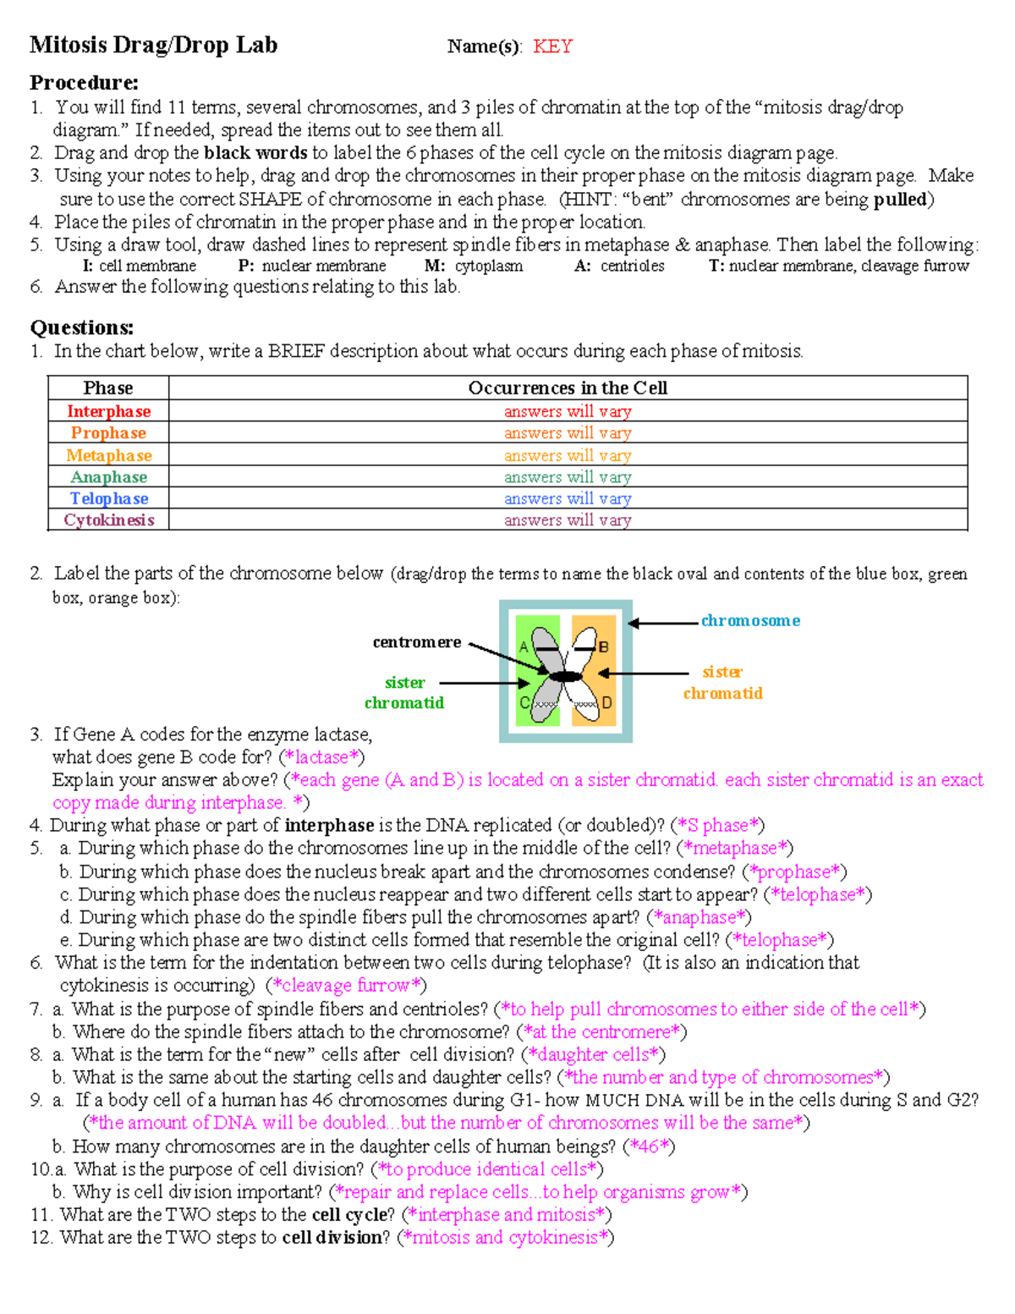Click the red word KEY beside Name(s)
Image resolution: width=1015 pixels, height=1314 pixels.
[552, 47]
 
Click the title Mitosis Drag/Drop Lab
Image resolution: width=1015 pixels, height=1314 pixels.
[153, 45]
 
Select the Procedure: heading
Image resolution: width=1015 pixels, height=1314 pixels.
[84, 83]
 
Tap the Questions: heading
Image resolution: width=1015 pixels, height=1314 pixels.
[81, 327]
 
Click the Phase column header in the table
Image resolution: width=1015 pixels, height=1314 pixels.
[108, 388]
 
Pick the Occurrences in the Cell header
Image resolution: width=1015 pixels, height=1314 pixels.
[568, 388]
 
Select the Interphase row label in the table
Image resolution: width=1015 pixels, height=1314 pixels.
[108, 411]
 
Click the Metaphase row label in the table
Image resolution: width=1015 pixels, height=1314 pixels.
[108, 455]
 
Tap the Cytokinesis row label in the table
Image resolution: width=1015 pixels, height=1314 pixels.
[108, 520]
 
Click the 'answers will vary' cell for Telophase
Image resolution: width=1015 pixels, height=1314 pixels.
[568, 498]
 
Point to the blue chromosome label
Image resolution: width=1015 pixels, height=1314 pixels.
[750, 620]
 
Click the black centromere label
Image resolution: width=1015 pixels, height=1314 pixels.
[417, 642]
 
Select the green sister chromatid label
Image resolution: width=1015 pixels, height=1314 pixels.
[404, 692]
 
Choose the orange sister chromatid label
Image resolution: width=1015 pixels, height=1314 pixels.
[723, 682]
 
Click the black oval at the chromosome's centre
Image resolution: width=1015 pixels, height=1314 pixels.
[566, 676]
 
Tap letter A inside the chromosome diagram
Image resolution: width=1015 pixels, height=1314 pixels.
[524, 647]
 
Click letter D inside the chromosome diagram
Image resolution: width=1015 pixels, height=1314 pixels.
[606, 703]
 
